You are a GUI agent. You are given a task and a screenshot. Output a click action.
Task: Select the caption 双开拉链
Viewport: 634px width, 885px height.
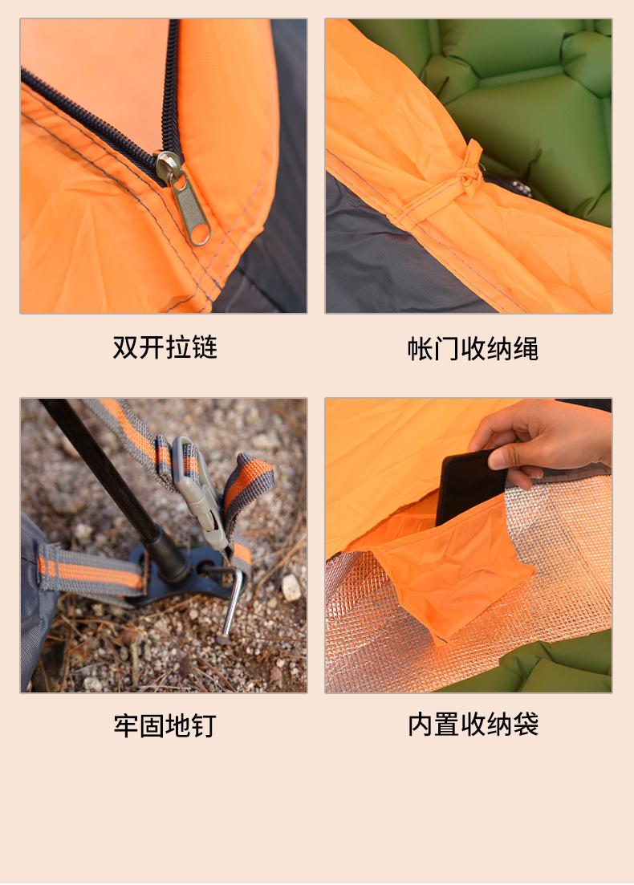click(x=165, y=347)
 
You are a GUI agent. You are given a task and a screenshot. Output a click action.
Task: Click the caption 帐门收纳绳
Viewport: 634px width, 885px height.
click(x=473, y=349)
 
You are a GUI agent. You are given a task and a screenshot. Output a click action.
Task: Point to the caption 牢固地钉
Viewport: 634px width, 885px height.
click(x=165, y=726)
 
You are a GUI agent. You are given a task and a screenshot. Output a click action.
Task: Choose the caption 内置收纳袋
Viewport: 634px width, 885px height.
click(x=473, y=725)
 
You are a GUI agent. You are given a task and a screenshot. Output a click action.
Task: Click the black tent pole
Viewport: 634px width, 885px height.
click(x=113, y=485)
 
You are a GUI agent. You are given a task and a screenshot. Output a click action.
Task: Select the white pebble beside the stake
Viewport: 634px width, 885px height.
click(x=291, y=587)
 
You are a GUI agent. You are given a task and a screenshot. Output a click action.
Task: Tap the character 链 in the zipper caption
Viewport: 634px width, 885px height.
click(x=205, y=347)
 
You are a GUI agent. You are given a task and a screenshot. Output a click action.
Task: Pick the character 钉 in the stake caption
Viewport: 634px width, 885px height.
click(x=205, y=726)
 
